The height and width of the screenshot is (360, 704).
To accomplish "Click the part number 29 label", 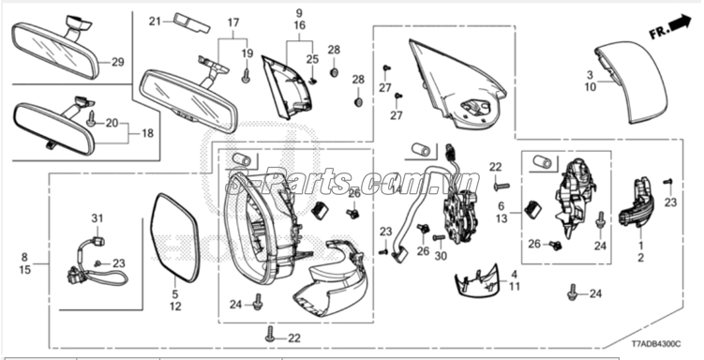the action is [117, 63].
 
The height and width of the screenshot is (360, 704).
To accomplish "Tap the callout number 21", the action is [156, 19].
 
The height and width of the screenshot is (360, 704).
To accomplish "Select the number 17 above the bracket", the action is [233, 21].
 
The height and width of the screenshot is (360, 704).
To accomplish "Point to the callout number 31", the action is [95, 218].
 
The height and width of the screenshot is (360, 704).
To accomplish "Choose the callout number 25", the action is [313, 59].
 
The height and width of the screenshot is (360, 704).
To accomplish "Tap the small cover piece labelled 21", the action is [189, 21].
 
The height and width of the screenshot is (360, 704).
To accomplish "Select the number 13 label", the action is [502, 218].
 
